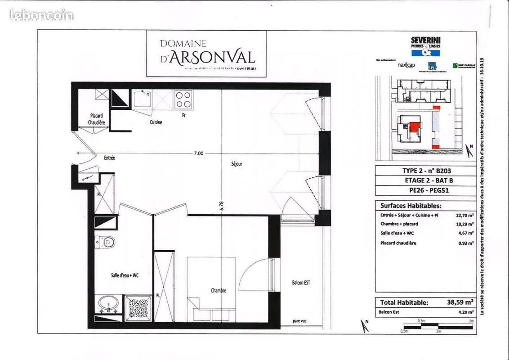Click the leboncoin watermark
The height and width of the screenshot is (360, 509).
(x=41, y=15)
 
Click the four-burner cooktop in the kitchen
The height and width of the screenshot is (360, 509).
(x=183, y=99)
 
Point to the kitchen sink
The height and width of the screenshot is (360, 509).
(x=143, y=99)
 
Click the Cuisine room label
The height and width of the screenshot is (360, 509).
(x=156, y=122)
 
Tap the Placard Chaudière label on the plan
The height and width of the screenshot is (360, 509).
(x=96, y=119)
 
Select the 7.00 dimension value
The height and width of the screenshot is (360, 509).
(x=198, y=153)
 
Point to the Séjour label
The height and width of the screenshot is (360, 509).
(x=237, y=164)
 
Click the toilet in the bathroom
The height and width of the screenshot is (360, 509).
(x=106, y=243)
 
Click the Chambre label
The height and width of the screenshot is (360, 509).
(x=219, y=291)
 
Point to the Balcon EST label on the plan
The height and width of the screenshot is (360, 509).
(x=301, y=283)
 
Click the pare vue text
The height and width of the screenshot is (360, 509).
(x=299, y=321)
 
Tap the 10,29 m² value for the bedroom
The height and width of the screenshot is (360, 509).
(x=464, y=224)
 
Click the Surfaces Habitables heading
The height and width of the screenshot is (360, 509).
(x=408, y=206)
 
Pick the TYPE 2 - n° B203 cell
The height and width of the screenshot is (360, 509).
(x=425, y=171)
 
